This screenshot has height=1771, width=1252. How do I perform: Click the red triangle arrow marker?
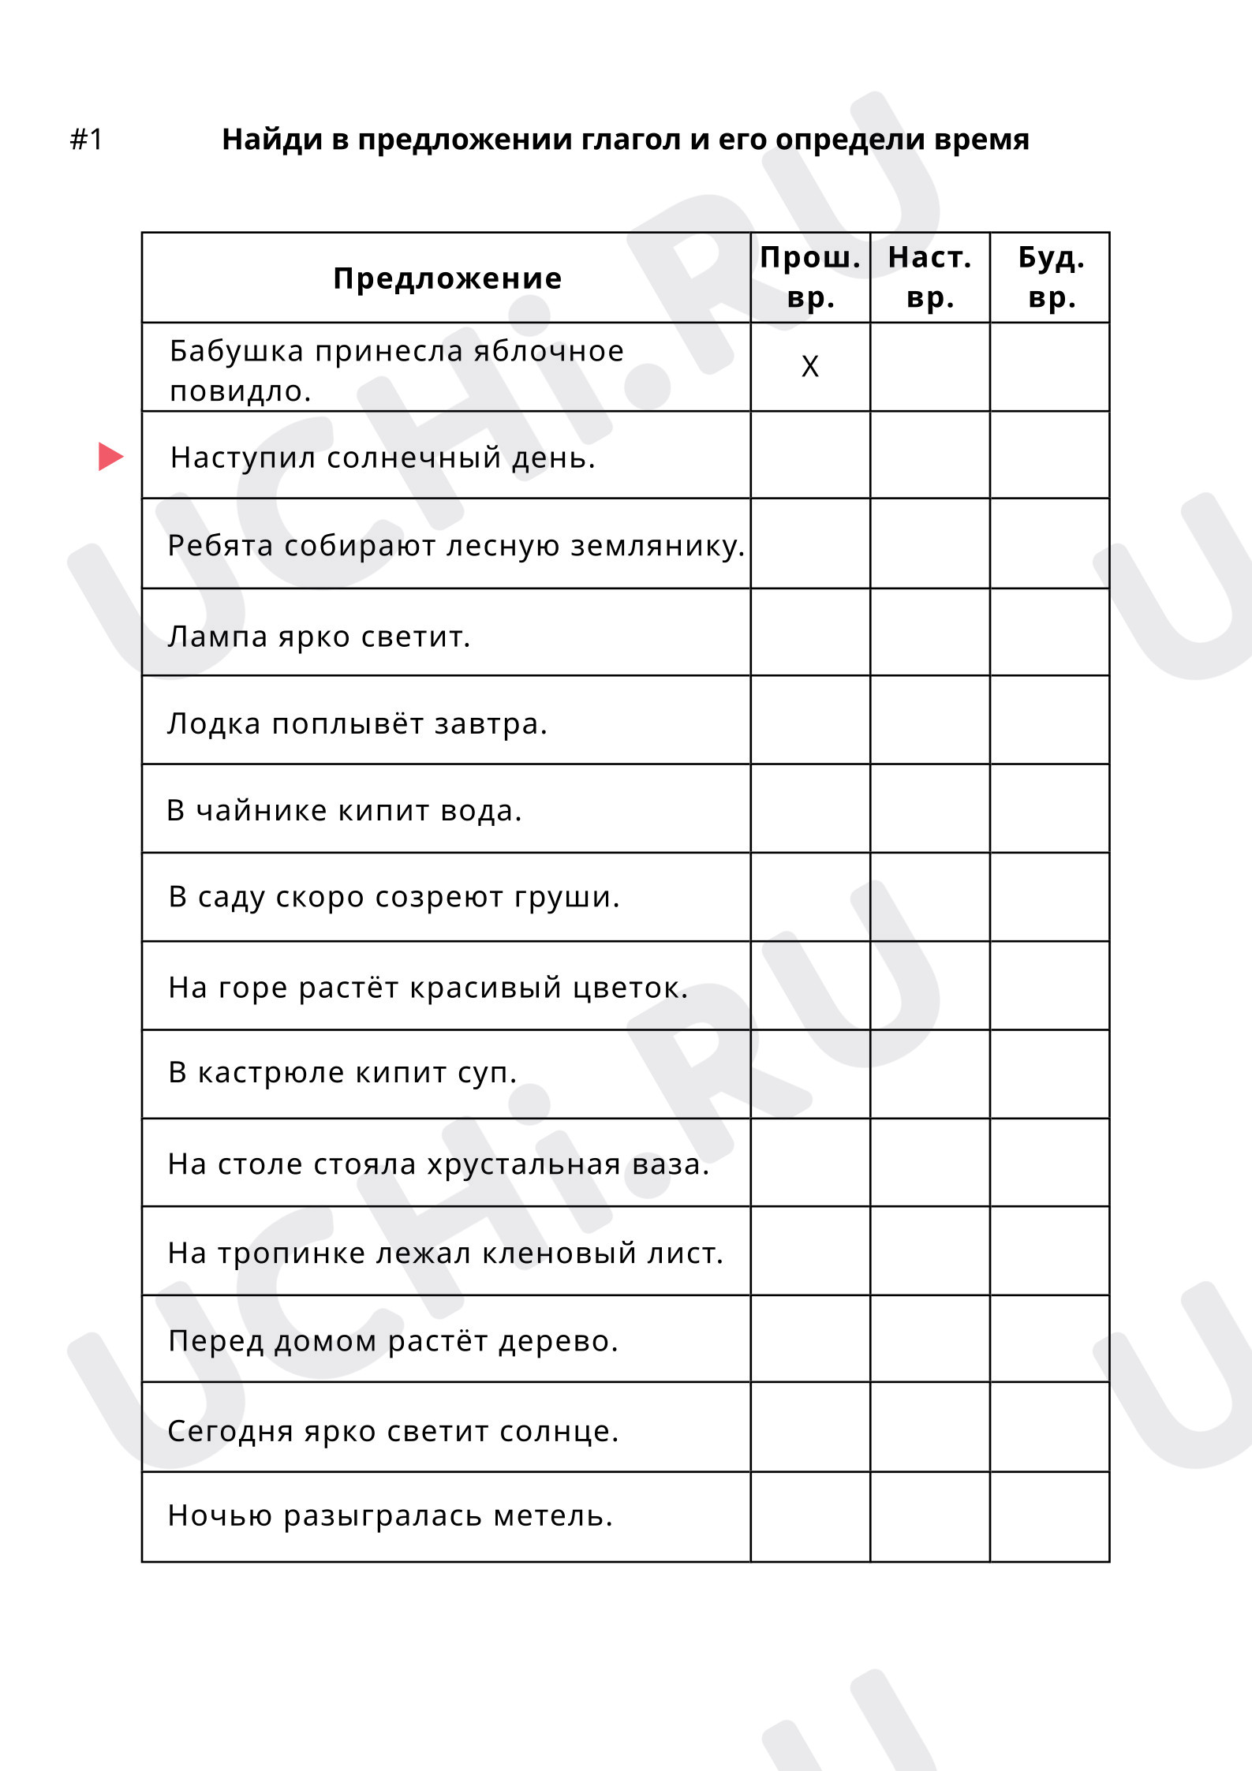pos(110,456)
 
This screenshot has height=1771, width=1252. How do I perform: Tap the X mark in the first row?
pos(809,367)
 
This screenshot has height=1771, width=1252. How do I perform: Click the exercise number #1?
pos(87,140)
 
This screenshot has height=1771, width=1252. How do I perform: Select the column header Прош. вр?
pos(809,278)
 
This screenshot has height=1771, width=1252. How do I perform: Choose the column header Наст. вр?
pos(929,278)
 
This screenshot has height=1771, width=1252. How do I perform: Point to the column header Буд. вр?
pos(1050,278)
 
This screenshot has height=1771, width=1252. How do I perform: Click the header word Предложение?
pos(447,278)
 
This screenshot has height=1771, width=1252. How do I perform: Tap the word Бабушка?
pos(237,351)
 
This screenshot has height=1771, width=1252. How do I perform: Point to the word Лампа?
pos(218,637)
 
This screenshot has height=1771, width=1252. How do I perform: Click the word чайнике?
pos(261,811)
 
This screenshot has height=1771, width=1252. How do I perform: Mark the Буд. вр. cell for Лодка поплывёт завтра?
pos(1050,719)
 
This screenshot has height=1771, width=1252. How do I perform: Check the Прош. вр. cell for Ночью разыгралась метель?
pos(809,1516)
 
